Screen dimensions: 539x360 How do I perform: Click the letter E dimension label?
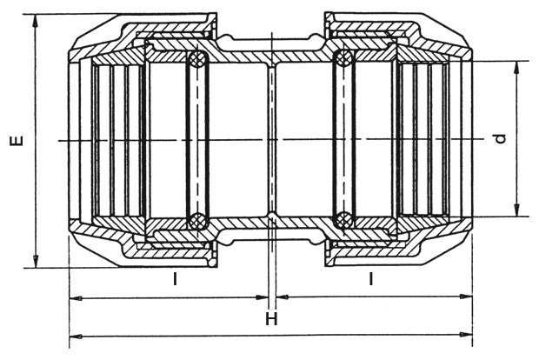point(17,141)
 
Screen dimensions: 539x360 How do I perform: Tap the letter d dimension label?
point(502,138)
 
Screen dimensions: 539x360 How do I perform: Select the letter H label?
point(271,319)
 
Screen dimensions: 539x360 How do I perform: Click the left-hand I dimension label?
point(175,278)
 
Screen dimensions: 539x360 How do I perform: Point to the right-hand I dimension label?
point(370,278)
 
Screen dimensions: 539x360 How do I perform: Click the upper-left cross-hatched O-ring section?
point(197,59)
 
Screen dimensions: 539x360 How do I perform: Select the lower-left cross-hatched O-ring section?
point(197,219)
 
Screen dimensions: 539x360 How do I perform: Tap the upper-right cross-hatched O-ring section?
point(343,58)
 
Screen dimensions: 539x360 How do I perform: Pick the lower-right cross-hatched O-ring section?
point(343,219)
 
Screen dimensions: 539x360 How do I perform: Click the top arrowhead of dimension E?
point(36,21)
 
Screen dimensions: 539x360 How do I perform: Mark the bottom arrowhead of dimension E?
point(36,261)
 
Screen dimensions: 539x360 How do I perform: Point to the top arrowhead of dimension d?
point(516,68)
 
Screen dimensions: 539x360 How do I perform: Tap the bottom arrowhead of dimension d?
point(516,210)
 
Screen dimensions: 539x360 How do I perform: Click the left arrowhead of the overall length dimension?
point(76,336)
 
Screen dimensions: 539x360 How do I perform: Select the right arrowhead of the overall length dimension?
point(466,334)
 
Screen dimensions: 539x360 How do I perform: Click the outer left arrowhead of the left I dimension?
point(76,298)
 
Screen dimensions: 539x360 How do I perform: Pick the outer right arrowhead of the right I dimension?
point(466,297)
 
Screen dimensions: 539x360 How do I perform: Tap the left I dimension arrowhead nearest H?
point(262,297)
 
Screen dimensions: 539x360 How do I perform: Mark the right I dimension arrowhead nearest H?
point(283,297)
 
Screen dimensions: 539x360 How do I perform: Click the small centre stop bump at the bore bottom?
point(271,216)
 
